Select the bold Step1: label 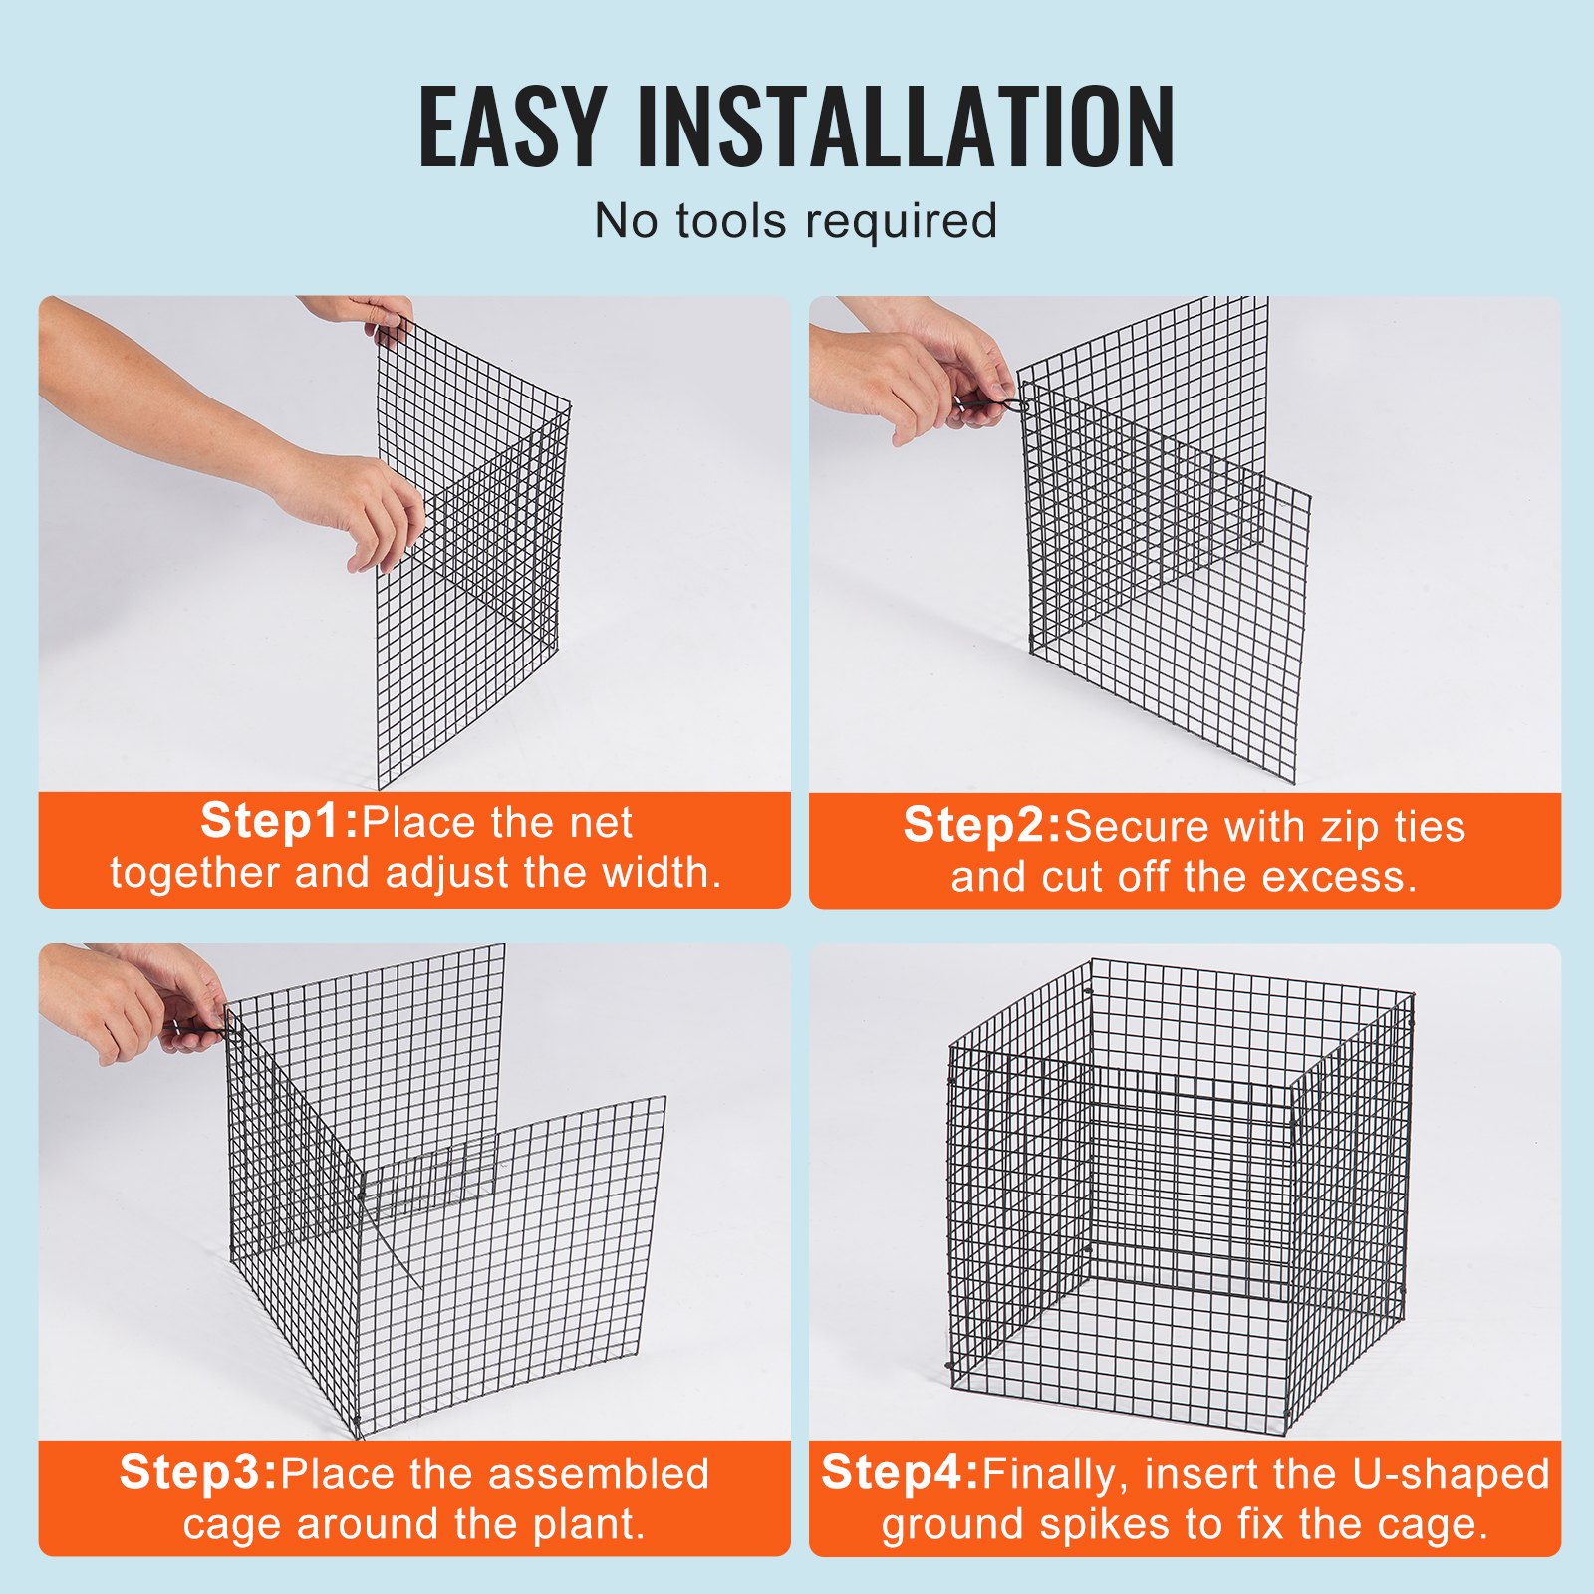(279, 822)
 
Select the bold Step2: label (982, 826)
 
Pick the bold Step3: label (198, 1472)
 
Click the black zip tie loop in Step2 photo (1008, 404)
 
